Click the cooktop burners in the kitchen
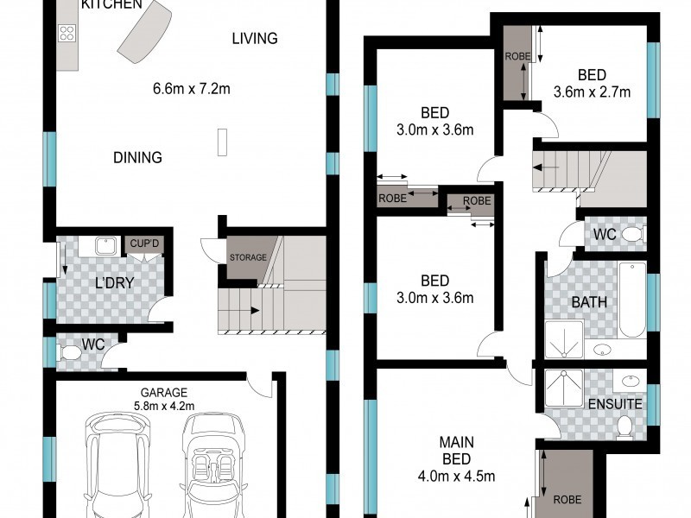(x=67, y=33)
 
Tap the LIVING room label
(x=255, y=39)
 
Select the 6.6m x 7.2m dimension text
(x=191, y=89)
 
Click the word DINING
(x=137, y=157)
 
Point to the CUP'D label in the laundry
(x=144, y=243)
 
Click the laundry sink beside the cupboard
(x=105, y=246)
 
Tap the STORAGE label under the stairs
(x=248, y=257)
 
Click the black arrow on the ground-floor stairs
(x=255, y=311)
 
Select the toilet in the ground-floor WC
(x=69, y=352)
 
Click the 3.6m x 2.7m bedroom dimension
(x=592, y=92)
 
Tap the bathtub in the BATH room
(x=632, y=300)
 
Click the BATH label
(x=589, y=302)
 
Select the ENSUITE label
(x=615, y=404)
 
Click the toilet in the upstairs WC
(x=634, y=234)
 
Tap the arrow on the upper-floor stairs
(x=546, y=167)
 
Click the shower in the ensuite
(x=564, y=388)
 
